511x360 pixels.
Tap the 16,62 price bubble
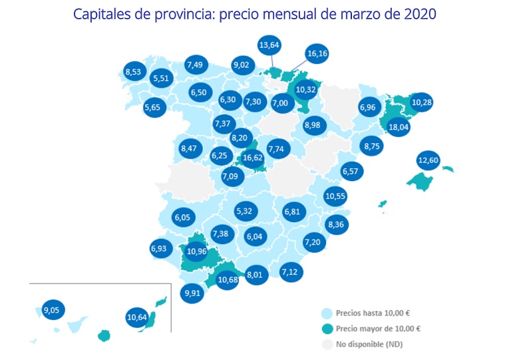pos(253,158)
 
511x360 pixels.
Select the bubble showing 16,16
pos(317,54)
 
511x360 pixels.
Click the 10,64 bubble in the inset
pos(136,317)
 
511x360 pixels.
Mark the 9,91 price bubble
pos(192,293)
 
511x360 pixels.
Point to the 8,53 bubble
pos(136,71)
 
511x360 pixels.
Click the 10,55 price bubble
pos(335,196)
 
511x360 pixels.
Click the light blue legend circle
pos(327,313)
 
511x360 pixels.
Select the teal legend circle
pos(327,329)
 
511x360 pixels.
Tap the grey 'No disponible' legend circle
pos(327,345)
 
